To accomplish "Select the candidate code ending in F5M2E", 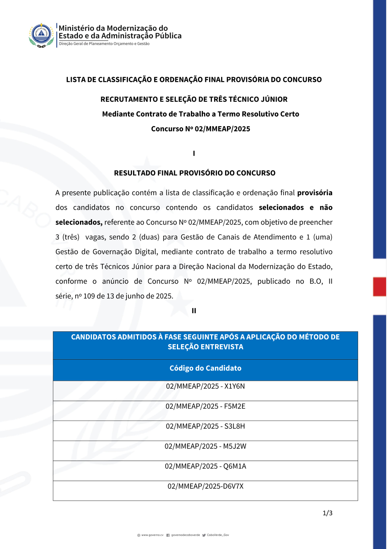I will click(x=205, y=406).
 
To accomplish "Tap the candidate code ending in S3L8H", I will click(x=205, y=426).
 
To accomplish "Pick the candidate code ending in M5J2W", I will click(x=205, y=446).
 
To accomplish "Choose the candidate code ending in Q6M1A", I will click(x=205, y=466).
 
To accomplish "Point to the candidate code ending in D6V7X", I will click(x=205, y=486).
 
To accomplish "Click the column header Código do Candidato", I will click(x=205, y=368).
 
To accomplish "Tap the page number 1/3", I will click(x=327, y=513).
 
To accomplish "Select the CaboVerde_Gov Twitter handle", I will click(x=218, y=535).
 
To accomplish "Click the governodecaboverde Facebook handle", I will click(x=185, y=535).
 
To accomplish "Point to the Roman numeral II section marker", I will click(x=194, y=311).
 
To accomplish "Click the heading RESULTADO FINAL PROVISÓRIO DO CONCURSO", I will click(x=194, y=173).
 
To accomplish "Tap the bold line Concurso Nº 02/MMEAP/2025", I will click(x=201, y=129).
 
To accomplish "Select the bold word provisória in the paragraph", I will click(x=315, y=193).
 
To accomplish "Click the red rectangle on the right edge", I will click(x=379, y=287).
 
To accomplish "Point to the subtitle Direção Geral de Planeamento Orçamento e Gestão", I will click(x=104, y=44).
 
